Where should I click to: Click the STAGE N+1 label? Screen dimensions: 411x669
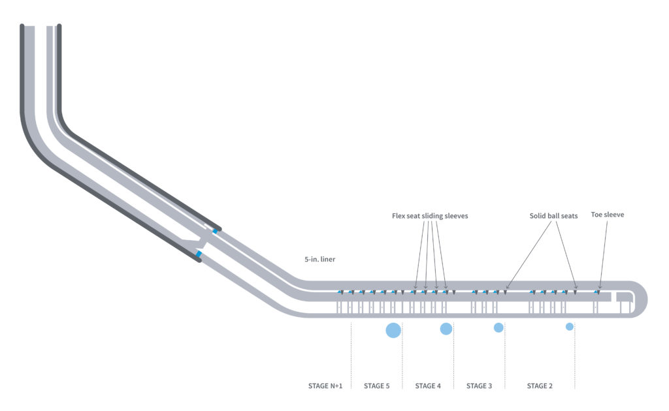point(325,386)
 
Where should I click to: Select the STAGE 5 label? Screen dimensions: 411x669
point(376,386)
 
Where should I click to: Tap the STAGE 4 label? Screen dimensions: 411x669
point(428,386)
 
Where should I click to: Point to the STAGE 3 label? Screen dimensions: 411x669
point(479,386)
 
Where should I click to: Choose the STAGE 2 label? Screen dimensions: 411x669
point(540,386)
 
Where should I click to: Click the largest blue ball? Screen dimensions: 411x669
point(393,330)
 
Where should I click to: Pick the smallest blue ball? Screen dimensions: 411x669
point(570,326)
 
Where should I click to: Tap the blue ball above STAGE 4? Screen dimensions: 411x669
point(446,329)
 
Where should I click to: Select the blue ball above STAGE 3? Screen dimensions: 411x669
point(498,327)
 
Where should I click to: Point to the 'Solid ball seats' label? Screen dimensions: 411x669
point(553,215)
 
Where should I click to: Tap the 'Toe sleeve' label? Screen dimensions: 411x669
point(607,214)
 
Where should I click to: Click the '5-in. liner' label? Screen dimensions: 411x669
point(319,259)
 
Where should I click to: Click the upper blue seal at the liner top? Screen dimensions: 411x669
point(214,231)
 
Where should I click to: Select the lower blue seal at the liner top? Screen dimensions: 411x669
point(199,253)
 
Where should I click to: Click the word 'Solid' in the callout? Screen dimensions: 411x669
point(539,215)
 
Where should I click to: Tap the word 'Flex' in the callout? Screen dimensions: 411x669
point(399,215)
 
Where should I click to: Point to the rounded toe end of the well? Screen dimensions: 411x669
point(643,299)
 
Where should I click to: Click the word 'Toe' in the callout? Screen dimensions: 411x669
point(597,214)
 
